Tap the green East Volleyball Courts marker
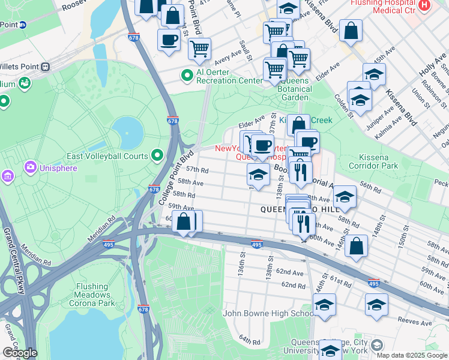tap(158, 156)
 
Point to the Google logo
tap(19, 353)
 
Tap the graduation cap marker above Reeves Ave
tap(377, 305)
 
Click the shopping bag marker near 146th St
tap(357, 245)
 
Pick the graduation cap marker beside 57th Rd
tap(258, 175)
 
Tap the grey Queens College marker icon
tap(376, 345)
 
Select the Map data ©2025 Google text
tap(412, 355)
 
